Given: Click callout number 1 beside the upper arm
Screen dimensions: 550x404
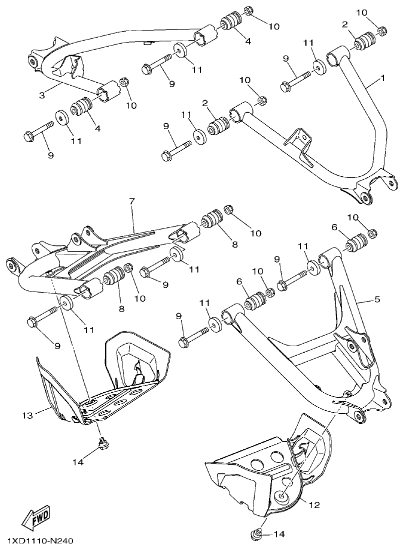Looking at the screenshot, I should coord(382,79).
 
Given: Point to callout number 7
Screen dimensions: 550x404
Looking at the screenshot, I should coord(132,201).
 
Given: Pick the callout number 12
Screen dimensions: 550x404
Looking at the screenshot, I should coord(313,505).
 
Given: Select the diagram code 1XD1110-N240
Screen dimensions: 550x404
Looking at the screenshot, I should coord(40,541).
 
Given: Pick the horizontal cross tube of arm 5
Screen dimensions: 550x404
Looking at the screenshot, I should coord(315,358).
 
